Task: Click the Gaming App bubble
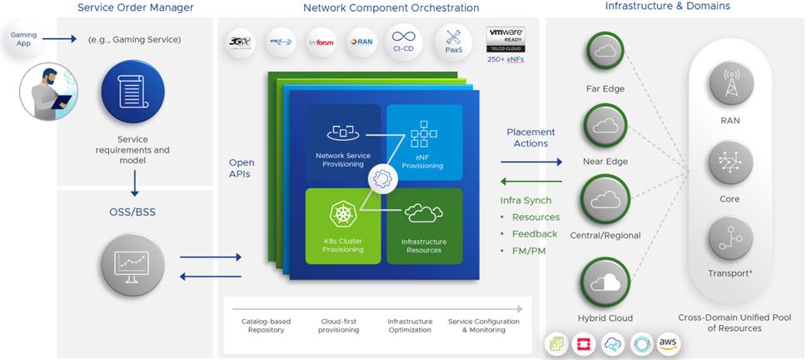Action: (x=23, y=39)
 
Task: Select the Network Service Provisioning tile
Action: (x=342, y=142)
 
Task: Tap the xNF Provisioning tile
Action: (x=424, y=142)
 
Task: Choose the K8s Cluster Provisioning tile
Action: (x=342, y=225)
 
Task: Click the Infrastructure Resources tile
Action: (x=424, y=225)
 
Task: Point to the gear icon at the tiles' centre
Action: (x=383, y=177)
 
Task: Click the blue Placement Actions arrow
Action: (x=531, y=162)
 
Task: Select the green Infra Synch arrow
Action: (x=531, y=182)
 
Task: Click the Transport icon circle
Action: (x=730, y=239)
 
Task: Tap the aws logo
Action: (x=668, y=343)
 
